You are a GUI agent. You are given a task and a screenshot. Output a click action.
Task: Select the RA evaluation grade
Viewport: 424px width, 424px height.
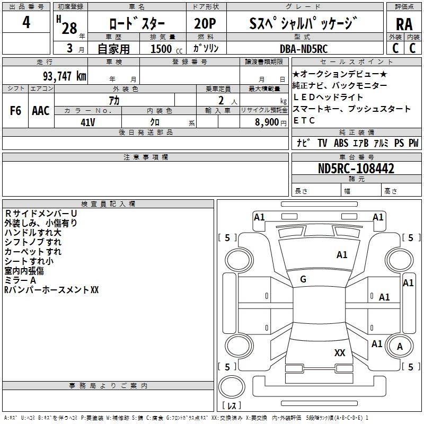click(403, 24)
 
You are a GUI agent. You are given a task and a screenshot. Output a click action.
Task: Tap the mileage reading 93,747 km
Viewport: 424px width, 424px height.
click(61, 76)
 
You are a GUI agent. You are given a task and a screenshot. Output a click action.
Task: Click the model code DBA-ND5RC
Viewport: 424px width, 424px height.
click(303, 48)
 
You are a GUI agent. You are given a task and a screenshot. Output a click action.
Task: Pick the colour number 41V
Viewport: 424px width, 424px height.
click(87, 122)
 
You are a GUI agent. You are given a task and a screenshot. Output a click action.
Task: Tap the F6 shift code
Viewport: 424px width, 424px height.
click(15, 111)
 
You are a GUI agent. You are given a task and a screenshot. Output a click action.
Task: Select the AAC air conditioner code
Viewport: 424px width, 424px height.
click(40, 111)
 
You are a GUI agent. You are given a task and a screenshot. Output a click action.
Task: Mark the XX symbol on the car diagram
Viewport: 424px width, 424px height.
click(340, 352)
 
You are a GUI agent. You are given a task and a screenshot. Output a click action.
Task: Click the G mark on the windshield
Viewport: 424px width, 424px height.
click(303, 279)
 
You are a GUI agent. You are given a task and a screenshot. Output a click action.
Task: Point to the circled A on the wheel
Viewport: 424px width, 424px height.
click(400, 346)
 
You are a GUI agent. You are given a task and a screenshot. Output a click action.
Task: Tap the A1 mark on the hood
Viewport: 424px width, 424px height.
click(342, 255)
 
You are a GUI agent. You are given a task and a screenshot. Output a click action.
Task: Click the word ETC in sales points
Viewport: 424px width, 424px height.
click(304, 120)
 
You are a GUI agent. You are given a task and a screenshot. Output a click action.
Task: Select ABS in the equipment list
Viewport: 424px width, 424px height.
click(341, 143)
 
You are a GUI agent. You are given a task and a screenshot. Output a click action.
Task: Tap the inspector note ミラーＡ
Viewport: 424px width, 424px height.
click(20, 280)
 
